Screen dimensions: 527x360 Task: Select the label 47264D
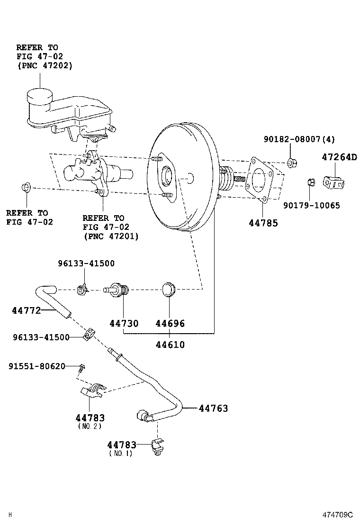tap(340, 157)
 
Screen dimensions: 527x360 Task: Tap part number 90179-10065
tap(312, 205)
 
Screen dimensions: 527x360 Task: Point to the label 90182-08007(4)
tap(299, 139)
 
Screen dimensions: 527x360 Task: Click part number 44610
tap(170, 345)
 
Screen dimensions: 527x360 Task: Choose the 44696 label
tap(170, 324)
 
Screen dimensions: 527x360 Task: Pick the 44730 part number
tap(124, 324)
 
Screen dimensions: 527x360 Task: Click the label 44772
tap(26, 310)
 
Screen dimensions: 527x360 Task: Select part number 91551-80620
tap(37, 366)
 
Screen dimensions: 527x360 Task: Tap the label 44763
tap(213, 408)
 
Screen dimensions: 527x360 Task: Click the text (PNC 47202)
tap(45, 66)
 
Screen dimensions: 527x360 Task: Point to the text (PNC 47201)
tap(111, 236)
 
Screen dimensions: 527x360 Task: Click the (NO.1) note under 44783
tap(121, 454)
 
